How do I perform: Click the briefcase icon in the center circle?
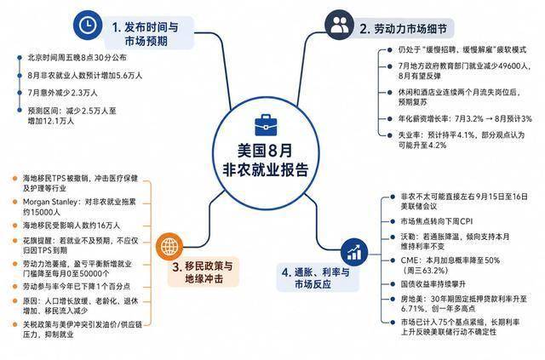(x=266, y=124)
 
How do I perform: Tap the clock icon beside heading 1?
(x=88, y=25)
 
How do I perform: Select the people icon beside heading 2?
(x=339, y=25)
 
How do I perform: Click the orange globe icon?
(x=169, y=246)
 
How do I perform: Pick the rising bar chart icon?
(x=354, y=252)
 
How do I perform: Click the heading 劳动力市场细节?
(x=410, y=29)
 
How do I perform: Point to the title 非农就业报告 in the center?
(x=266, y=170)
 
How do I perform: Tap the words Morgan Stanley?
(x=50, y=202)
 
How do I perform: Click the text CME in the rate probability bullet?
(x=410, y=260)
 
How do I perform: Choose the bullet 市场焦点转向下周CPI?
(x=437, y=221)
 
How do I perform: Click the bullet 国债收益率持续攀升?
(x=433, y=284)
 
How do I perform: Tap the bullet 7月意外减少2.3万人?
(x=62, y=93)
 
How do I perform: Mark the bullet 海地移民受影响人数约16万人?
(x=72, y=226)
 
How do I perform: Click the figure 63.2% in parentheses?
(x=430, y=271)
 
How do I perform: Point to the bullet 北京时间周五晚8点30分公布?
(x=77, y=58)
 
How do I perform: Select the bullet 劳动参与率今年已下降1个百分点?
(x=77, y=287)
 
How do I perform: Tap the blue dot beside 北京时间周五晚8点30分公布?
(x=20, y=58)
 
